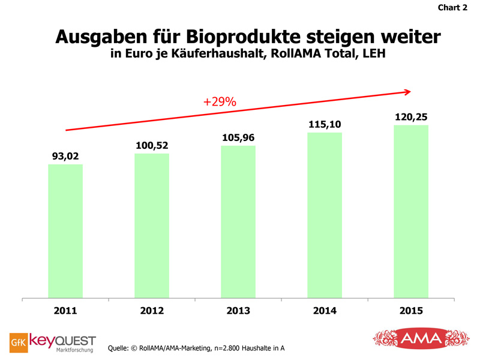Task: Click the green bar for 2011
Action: [65, 231]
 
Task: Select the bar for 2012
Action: [152, 226]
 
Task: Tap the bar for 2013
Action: [238, 221]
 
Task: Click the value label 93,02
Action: [65, 156]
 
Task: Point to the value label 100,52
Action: [152, 145]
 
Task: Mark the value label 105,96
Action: [238, 137]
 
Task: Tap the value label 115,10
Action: [325, 124]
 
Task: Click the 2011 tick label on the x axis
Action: [65, 311]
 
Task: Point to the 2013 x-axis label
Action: [238, 311]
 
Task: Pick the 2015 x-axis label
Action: [411, 311]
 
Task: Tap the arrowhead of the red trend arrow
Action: [408, 92]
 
